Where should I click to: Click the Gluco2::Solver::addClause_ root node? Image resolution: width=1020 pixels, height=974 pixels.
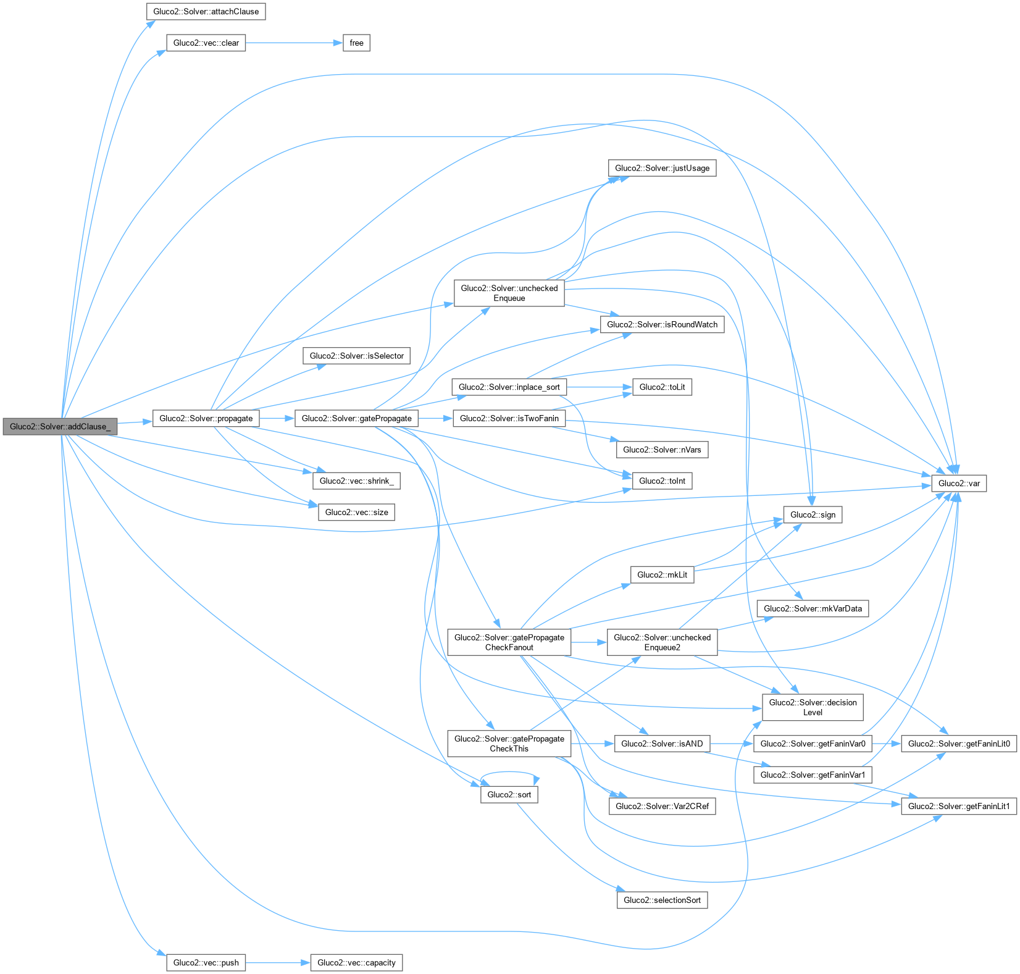coord(60,426)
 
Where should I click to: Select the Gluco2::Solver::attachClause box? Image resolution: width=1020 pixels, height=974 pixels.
coord(206,12)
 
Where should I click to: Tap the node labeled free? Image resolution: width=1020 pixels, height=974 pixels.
coord(356,43)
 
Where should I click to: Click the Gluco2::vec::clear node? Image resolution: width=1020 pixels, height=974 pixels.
coord(206,43)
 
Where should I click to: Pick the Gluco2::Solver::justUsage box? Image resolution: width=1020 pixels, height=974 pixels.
coord(662,168)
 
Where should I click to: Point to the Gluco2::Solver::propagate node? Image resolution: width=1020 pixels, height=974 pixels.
coord(206,418)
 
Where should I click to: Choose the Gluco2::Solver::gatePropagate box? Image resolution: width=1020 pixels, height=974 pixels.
coord(356,418)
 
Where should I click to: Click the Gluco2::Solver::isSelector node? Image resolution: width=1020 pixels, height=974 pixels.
coord(356,356)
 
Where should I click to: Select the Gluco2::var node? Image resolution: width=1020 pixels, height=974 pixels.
coord(958,483)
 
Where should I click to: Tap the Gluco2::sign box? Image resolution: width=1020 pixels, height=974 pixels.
coord(812,514)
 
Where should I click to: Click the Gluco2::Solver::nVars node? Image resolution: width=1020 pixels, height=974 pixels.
coord(662,450)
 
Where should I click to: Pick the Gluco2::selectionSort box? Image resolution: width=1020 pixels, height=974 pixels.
coord(662,900)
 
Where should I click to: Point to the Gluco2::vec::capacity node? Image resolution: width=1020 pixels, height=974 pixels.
coord(356,962)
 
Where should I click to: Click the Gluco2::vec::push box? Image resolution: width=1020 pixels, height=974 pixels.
coord(206,962)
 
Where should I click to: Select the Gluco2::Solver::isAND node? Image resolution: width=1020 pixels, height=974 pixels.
coord(662,744)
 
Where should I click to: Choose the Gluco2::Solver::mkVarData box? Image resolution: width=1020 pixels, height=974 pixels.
coord(812,608)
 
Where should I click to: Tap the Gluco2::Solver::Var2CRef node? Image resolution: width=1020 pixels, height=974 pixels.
coord(662,806)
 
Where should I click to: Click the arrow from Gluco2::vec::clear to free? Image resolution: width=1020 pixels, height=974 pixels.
coord(293,43)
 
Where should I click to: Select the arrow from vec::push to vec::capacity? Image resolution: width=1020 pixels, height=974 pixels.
coord(278,962)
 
